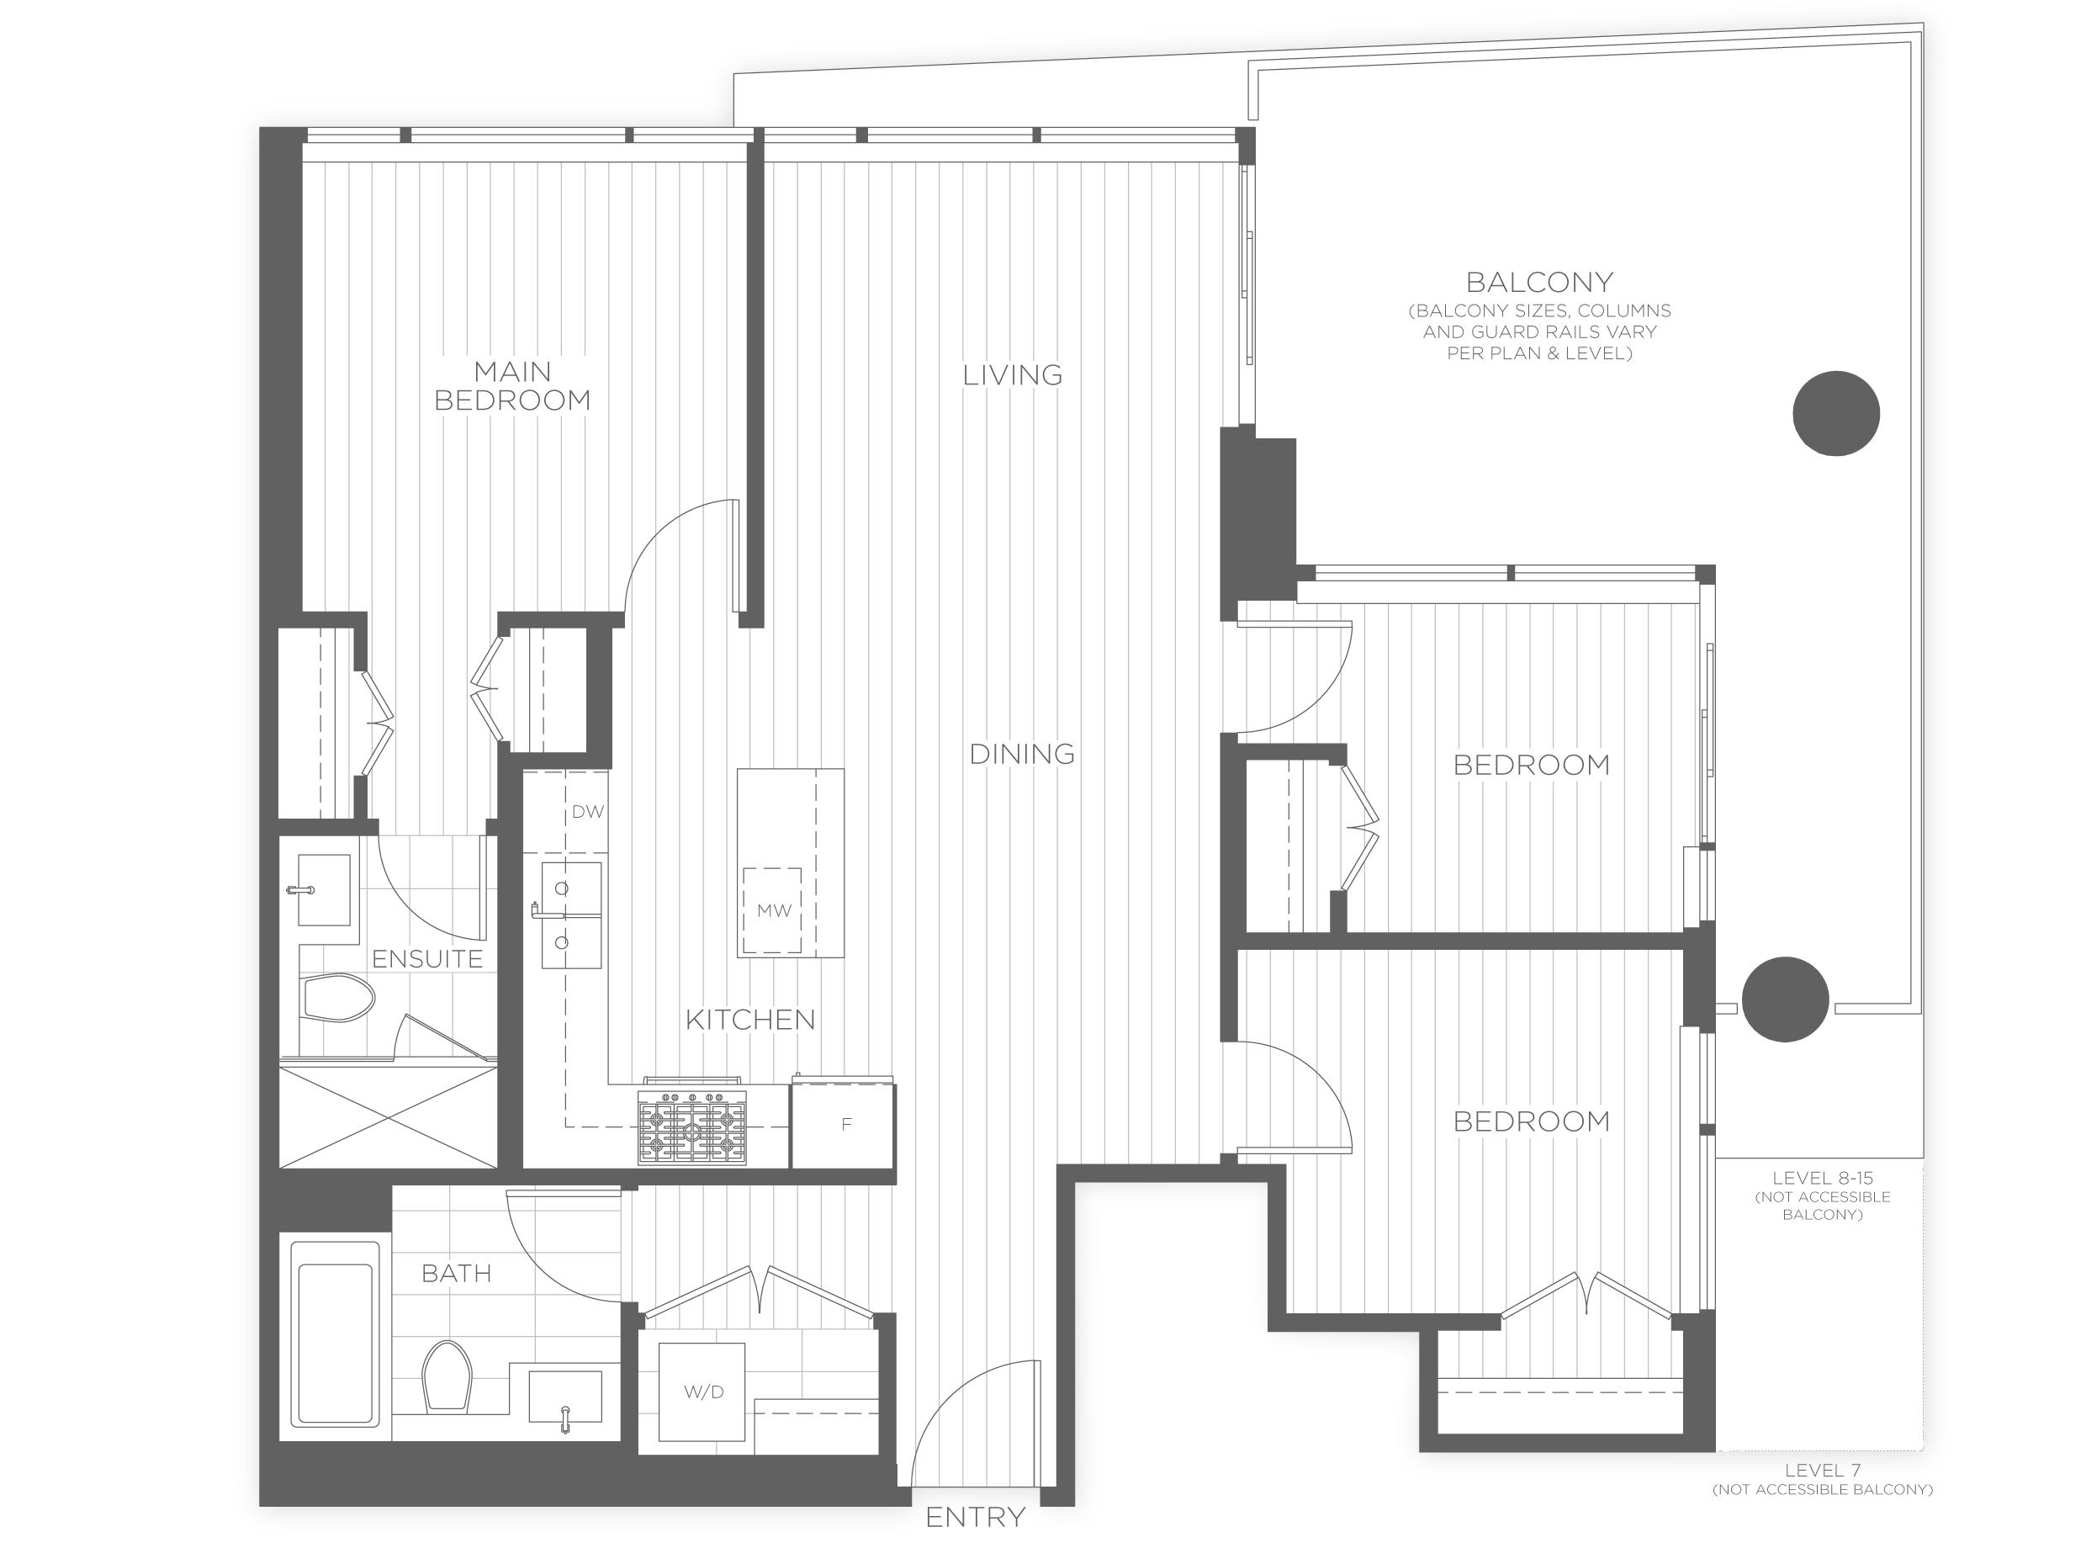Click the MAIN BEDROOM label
(x=512, y=386)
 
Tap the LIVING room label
(x=1013, y=376)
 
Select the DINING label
(x=1022, y=753)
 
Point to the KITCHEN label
(x=750, y=1020)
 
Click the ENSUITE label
(x=427, y=958)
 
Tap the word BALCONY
(x=1539, y=282)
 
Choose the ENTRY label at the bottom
(x=975, y=1517)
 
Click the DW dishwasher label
(x=587, y=812)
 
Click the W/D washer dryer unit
(x=702, y=1392)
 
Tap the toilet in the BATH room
(x=447, y=1375)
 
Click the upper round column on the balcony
(x=1835, y=413)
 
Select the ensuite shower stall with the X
(x=388, y=1115)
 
